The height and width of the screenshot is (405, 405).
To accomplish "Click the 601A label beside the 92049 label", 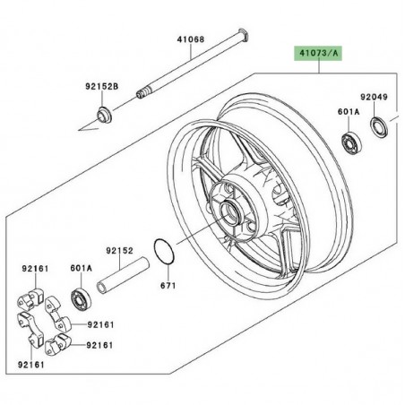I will pyautogui.click(x=347, y=112).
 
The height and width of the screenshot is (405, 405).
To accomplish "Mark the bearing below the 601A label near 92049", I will pyautogui.click(x=349, y=142).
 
